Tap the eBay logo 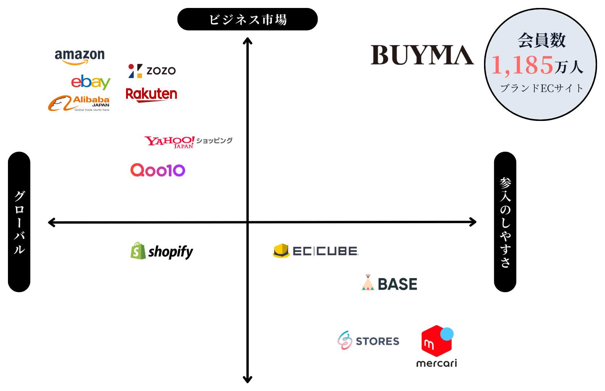pos(91,82)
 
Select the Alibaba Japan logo pos(79,103)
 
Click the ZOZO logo pos(152,71)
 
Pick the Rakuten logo pos(151,94)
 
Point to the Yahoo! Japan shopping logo pos(188,142)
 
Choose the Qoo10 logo pos(158,170)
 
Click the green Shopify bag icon pos(138,251)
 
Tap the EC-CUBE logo pos(315,251)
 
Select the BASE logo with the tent pos(389,283)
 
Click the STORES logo pos(368,341)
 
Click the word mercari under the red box pos(437,363)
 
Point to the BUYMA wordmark pos(422,55)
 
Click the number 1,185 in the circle pos(522,66)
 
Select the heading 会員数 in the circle pos(542,40)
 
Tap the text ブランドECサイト pos(542,88)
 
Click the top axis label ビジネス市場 pos(248,20)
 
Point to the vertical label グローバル pos(20,222)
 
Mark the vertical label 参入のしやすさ pos(505,222)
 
